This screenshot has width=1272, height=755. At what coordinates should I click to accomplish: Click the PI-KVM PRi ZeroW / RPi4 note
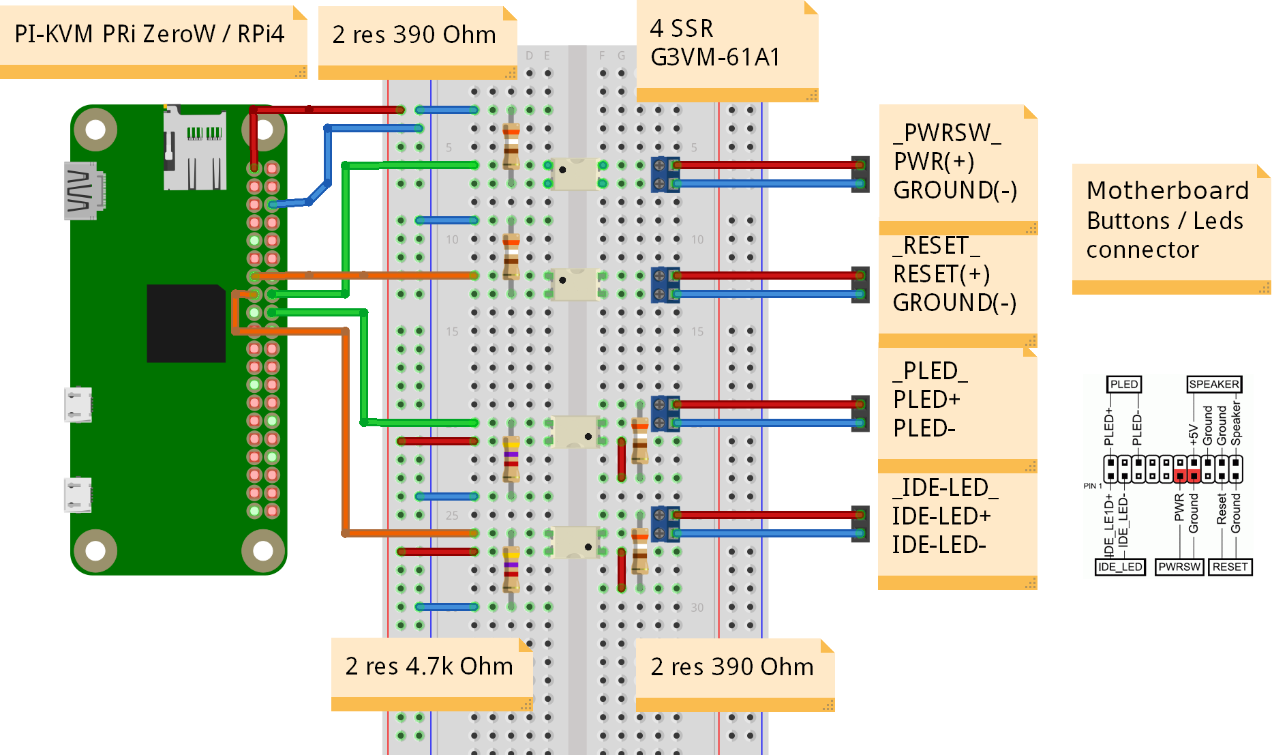click(149, 34)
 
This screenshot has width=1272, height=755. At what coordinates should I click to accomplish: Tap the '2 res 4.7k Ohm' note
click(429, 666)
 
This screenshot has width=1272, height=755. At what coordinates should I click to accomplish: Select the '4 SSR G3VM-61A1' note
click(716, 43)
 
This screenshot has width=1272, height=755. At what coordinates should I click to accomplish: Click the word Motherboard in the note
click(1167, 190)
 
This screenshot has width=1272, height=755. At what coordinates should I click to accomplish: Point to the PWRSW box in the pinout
click(1179, 567)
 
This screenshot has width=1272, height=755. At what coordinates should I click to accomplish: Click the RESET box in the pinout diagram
click(1230, 567)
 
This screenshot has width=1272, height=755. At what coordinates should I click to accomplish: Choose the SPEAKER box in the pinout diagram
click(1214, 385)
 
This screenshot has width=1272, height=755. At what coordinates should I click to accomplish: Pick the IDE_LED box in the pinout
click(1120, 567)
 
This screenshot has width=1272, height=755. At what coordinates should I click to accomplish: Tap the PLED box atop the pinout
click(1123, 385)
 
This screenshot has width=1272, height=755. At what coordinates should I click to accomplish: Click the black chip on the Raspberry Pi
click(186, 323)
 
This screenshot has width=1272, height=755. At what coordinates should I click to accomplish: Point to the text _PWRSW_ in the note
click(948, 133)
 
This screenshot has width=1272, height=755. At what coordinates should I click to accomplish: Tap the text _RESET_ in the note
click(937, 246)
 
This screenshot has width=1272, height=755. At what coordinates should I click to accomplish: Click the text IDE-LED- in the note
click(939, 545)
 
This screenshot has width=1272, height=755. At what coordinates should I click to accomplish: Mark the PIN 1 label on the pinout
click(1092, 486)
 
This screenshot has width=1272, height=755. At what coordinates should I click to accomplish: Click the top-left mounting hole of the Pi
click(95, 130)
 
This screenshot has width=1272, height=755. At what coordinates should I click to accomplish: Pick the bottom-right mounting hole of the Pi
click(263, 550)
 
